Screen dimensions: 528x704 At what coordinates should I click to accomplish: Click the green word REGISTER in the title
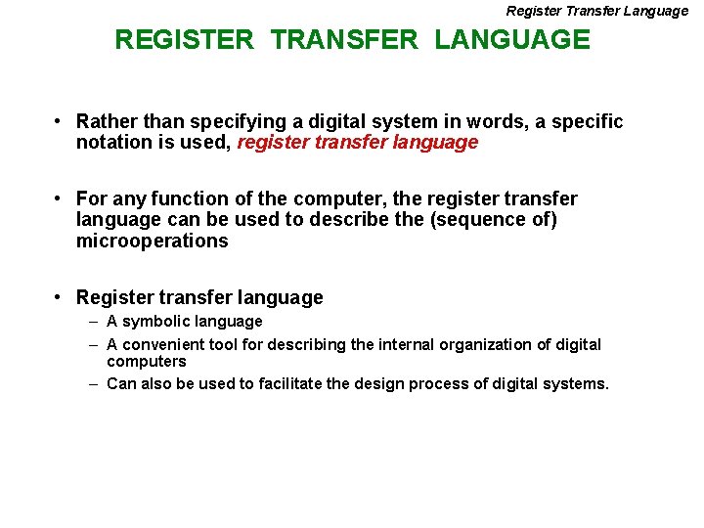tap(184, 40)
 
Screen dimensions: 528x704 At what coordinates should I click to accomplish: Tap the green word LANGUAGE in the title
tap(512, 40)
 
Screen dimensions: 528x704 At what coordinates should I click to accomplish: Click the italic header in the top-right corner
tap(596, 11)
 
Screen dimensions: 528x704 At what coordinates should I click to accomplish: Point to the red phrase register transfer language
tap(358, 143)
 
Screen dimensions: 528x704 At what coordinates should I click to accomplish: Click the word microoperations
tap(152, 241)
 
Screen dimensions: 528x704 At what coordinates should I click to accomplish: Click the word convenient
tap(163, 344)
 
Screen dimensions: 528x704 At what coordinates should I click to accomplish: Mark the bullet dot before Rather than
tap(60, 121)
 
